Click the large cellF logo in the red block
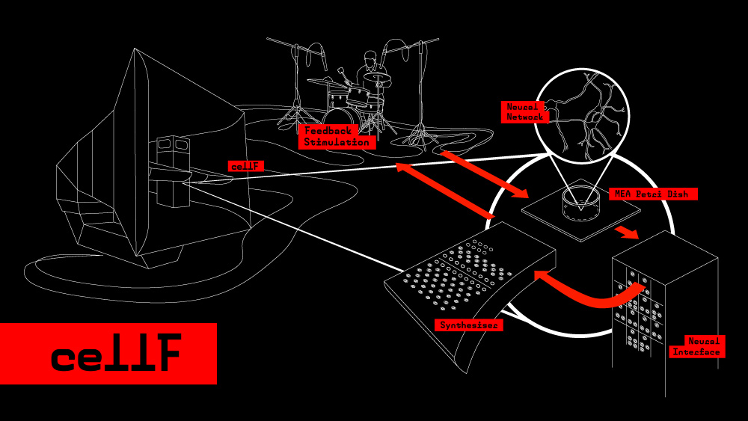point(116,354)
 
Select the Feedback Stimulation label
point(337,137)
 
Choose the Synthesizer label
point(470,325)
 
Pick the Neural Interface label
point(696,346)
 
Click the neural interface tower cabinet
point(664,307)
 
